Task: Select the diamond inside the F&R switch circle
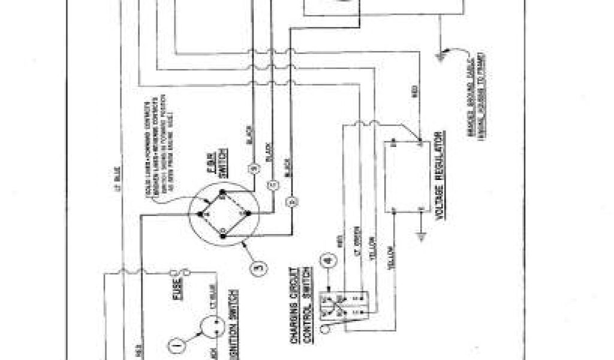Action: coord(224,213)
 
